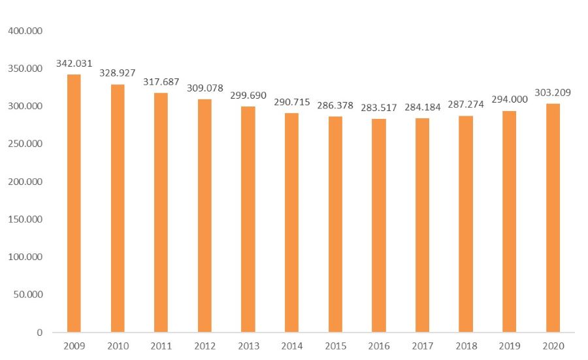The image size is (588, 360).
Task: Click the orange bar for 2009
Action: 74,203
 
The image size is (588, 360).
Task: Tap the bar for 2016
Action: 378,225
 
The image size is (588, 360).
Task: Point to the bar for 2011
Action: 161,212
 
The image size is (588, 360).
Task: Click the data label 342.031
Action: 74,63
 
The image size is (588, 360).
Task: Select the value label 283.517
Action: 378,107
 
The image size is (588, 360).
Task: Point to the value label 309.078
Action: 204,88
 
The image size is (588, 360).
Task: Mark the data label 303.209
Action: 553,93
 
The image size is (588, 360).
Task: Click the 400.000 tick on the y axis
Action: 24,31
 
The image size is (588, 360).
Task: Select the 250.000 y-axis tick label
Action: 24,144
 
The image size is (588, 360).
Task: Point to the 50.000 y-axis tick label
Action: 26,294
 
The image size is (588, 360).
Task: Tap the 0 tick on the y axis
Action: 39,332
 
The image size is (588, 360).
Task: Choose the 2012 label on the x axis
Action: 204,346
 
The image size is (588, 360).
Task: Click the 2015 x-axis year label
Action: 335,346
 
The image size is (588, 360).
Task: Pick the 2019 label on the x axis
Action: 509,346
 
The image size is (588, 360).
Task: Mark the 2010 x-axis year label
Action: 118,346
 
